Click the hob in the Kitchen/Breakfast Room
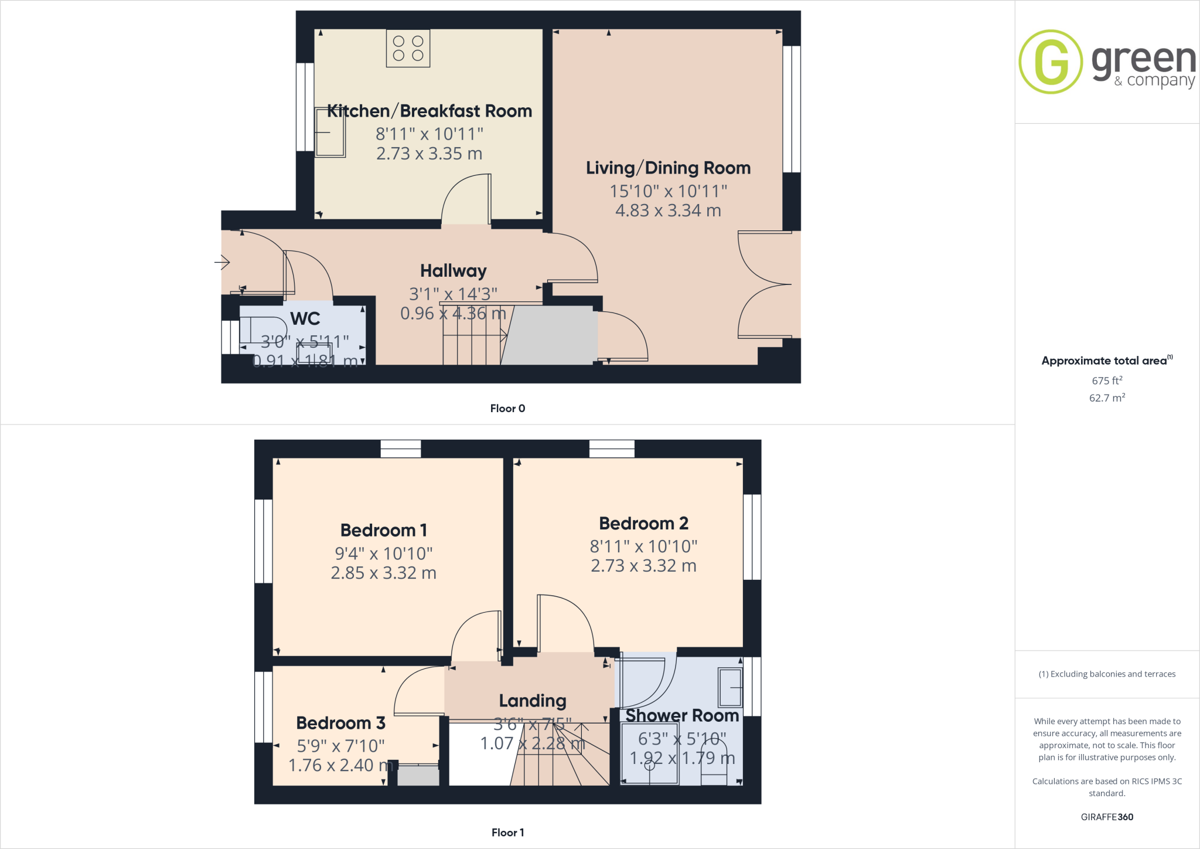408,48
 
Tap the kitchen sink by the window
330,133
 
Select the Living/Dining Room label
668,168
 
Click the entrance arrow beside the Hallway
222,262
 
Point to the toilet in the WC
262,330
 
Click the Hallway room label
453,271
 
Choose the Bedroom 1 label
384,531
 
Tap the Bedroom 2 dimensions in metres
643,566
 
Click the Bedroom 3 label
340,723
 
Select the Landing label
533,701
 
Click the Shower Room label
682,716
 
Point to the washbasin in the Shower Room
730,687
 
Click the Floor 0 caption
507,409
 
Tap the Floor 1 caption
507,833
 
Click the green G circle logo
1051,62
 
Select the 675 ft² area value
1107,381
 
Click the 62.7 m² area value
1107,398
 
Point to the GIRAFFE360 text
1107,817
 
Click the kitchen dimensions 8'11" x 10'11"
429,134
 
